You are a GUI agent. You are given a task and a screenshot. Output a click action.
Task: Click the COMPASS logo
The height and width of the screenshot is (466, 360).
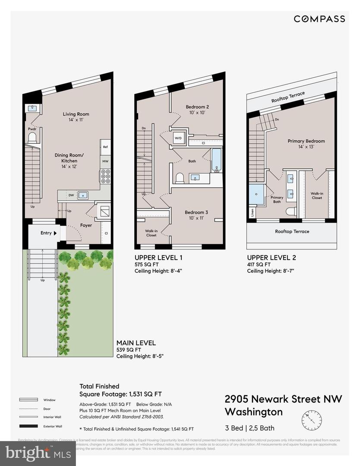click(x=319, y=19)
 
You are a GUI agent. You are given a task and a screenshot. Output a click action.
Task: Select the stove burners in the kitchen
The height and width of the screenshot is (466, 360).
click(x=105, y=176)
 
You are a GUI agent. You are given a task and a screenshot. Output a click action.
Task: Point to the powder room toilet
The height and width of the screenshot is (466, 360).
click(x=32, y=138)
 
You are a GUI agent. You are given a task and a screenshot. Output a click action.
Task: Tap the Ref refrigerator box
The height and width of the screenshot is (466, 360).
click(x=105, y=147)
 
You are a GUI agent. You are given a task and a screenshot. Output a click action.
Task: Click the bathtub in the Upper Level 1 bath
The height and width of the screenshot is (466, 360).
click(x=216, y=160)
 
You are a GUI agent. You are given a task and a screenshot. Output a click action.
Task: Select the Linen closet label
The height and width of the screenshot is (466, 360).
click(x=252, y=212)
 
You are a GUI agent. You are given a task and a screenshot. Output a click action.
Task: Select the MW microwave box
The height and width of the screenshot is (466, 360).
click(x=105, y=161)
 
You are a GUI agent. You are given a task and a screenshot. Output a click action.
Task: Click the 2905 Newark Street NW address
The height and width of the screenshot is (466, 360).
click(x=283, y=399)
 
